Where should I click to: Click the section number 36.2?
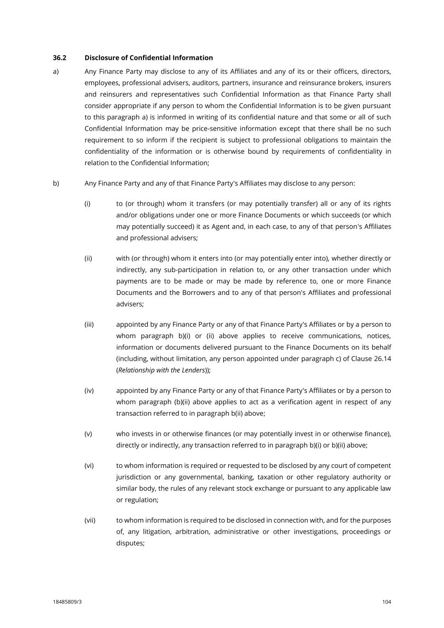pos(59,58)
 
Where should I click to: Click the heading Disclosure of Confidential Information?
pos(149,58)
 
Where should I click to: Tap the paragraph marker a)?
pos(56,71)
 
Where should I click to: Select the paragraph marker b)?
pos(56,183)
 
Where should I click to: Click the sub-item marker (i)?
pos(87,203)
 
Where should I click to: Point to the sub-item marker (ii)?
pos(88,258)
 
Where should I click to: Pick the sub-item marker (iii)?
pos(89,324)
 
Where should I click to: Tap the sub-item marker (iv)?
pos(89,390)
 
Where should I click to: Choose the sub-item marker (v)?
pos(88,433)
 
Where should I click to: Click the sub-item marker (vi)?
pos(89,465)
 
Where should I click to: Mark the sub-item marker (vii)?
pos(90,520)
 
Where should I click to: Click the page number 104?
pos(386,602)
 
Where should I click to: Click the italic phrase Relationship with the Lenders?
pos(161,370)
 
